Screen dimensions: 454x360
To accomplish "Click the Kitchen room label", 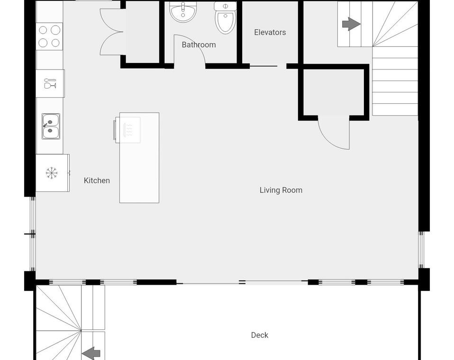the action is [x=97, y=180].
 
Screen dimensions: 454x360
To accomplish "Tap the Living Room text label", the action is [x=281, y=190].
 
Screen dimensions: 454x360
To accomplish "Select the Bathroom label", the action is [x=199, y=45].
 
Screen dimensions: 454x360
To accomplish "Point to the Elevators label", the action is [x=270, y=32].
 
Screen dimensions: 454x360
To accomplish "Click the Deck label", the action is [x=259, y=335].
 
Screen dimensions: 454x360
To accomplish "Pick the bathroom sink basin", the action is [x=183, y=12].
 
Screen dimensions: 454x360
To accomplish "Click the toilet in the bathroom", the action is [x=225, y=18].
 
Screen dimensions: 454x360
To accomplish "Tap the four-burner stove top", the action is [x=49, y=36].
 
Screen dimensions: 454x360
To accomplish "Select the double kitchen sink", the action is [x=51, y=126].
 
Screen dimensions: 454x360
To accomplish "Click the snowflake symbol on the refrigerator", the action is [x=52, y=173].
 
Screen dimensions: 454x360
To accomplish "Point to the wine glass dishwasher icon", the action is [x=50, y=83].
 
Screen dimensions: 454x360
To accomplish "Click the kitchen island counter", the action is [x=139, y=158].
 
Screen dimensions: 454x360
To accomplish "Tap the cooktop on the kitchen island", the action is [x=127, y=130].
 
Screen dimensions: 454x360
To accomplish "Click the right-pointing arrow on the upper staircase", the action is [x=351, y=24].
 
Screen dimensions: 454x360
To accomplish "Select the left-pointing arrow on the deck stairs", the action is [x=91, y=353].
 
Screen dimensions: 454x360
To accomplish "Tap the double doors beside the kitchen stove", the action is [x=112, y=32].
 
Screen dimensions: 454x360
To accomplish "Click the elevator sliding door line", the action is [x=263, y=66].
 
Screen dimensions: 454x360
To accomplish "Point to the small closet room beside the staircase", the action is [x=334, y=92].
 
